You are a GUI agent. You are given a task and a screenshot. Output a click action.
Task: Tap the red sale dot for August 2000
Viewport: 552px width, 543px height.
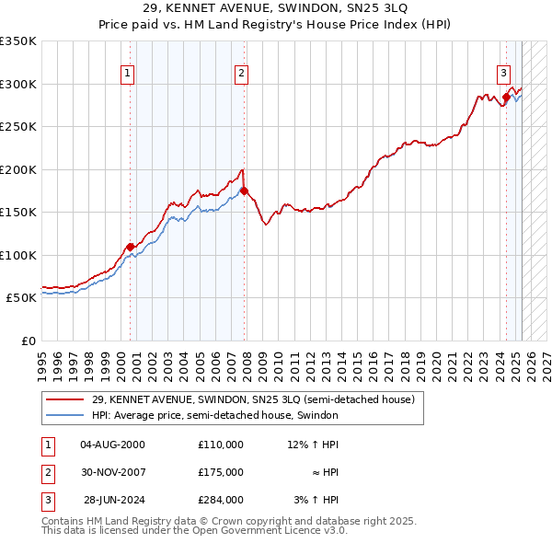[131, 246]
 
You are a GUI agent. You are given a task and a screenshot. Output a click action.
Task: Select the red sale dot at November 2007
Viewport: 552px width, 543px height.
[244, 191]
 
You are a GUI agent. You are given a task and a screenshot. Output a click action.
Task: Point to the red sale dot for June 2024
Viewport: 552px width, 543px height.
[506, 97]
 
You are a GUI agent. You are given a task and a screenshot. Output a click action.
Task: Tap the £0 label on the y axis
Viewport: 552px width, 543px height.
[28, 341]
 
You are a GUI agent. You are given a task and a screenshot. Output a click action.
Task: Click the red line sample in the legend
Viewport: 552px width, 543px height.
[64, 400]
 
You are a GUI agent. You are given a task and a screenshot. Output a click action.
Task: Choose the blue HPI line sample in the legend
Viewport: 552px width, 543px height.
[64, 416]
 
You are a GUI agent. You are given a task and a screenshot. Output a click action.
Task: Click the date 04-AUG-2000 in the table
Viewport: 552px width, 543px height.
[112, 445]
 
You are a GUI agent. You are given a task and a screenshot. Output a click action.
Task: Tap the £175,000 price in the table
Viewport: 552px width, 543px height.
[221, 472]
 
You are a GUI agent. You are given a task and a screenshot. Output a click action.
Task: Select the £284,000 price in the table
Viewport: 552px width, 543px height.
[221, 501]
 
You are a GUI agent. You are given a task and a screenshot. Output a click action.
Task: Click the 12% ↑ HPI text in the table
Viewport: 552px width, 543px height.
[313, 445]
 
